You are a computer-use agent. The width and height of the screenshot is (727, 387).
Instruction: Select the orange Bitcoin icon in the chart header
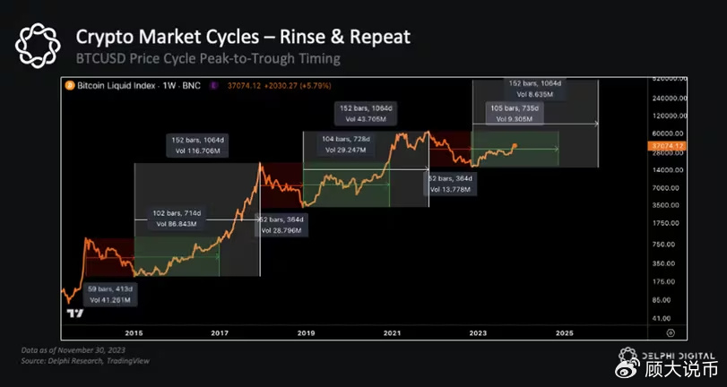pos(67,86)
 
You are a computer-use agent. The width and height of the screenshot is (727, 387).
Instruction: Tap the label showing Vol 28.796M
pos(282,230)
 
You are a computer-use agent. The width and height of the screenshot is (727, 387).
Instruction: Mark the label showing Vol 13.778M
pos(452,189)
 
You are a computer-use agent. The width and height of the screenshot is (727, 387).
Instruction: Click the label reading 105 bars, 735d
pos(518,107)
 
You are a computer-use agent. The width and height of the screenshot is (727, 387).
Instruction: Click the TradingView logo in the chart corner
pos(75,314)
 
